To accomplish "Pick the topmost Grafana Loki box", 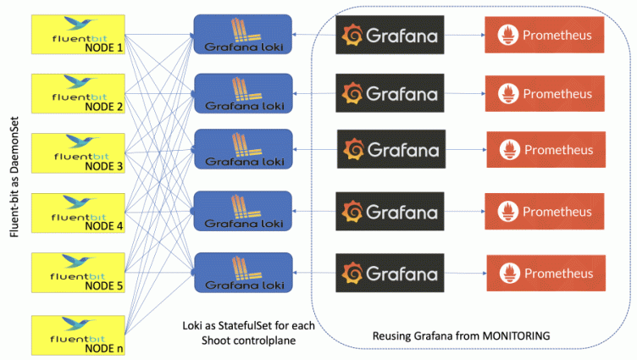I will pos(242,35).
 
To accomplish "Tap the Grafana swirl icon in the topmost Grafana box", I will pos(353,35).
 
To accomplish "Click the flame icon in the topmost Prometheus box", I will pos(508,35).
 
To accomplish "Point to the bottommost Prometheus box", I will pos(544,273).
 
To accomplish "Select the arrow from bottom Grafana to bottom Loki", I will pos(313,273).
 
